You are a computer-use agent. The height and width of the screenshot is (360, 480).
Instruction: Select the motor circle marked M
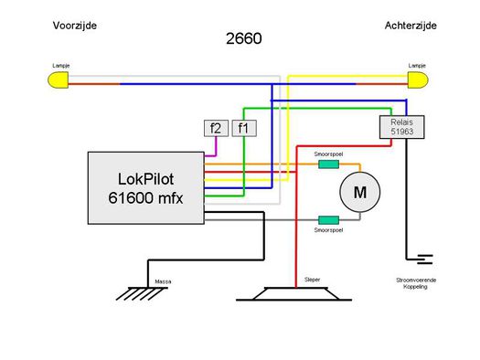(358, 193)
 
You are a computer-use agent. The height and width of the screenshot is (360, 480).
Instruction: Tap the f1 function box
(244, 128)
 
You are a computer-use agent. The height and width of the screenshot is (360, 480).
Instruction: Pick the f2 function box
(215, 128)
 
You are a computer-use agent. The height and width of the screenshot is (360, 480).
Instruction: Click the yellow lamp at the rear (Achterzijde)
(420, 81)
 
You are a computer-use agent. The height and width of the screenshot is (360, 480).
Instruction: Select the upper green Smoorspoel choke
(327, 165)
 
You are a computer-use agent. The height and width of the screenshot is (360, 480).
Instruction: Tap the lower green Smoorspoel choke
(327, 219)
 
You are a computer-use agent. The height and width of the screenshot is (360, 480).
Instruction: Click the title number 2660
(243, 39)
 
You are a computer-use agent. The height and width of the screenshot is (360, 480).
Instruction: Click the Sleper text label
(311, 280)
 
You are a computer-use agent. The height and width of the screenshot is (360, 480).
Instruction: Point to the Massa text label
(163, 281)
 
